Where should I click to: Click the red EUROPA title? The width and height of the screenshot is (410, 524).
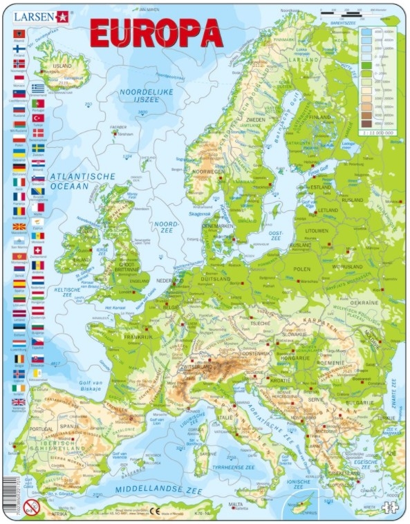point(156,32)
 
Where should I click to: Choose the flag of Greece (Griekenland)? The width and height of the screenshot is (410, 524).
point(38,88)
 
